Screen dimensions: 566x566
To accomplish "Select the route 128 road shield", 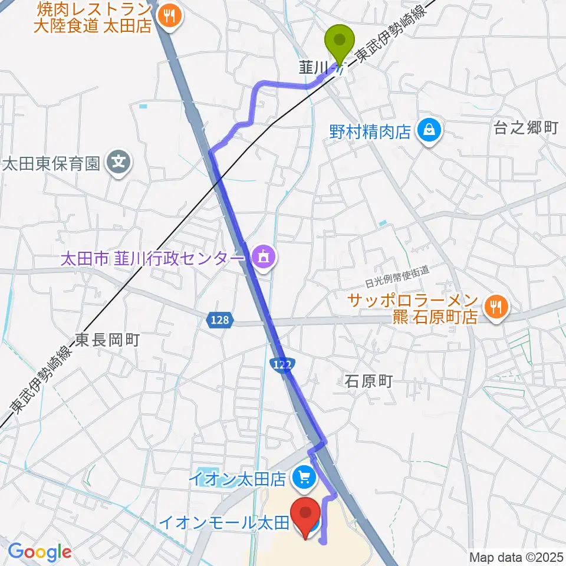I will click(x=218, y=320).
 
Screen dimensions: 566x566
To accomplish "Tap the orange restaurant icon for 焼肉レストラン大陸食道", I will click(x=170, y=16).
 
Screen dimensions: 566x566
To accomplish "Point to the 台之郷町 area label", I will click(x=525, y=129).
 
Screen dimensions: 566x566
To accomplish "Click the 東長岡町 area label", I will click(x=106, y=340).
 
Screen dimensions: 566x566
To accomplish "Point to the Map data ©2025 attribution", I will click(x=516, y=557).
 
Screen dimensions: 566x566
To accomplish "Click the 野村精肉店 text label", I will click(x=370, y=131).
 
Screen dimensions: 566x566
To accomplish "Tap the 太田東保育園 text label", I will click(x=52, y=163).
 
